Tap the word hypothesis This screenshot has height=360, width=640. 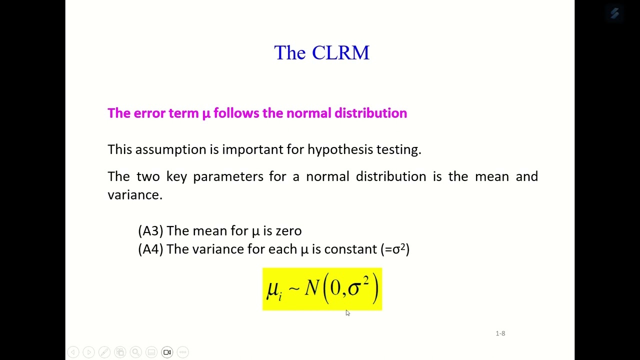click(340, 149)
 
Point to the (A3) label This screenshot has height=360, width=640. click(150, 231)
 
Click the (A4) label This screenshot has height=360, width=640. click(150, 249)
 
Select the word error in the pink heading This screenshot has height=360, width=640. click(149, 113)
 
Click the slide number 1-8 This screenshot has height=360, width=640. click(500, 333)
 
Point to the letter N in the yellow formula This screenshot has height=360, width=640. click(311, 288)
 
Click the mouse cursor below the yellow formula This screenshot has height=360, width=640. click(347, 312)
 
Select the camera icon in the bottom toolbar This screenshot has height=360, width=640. click(167, 352)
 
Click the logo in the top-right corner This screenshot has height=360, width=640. click(614, 13)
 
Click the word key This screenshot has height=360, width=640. click(176, 176)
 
